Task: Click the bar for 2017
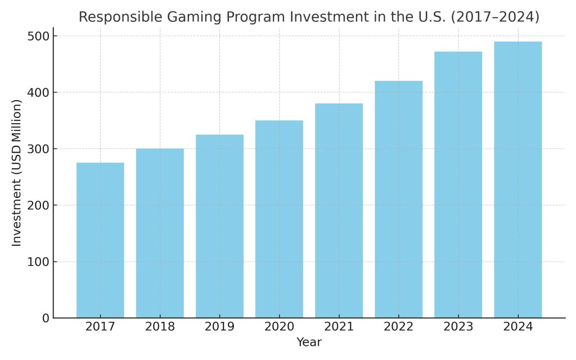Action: [100, 240]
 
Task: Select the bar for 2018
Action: [160, 233]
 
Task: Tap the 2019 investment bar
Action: [219, 226]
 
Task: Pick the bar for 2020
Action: [279, 219]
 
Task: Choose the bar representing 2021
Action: [339, 211]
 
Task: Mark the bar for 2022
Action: [398, 200]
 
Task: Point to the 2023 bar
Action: [458, 185]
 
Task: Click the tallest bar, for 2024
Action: [517, 180]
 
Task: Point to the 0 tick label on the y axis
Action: [45, 318]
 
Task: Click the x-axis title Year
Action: [309, 342]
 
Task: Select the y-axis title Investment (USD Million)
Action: [17, 173]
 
